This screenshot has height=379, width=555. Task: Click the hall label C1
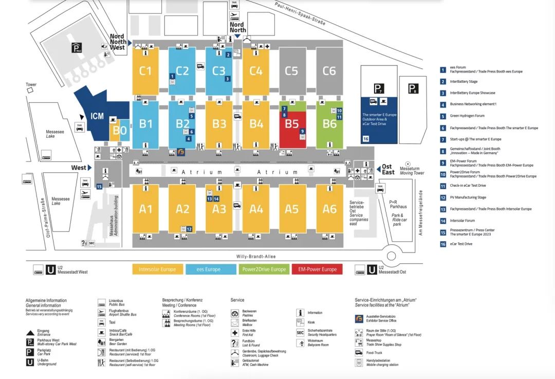pos(145,70)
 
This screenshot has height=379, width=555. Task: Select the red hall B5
pos(292,124)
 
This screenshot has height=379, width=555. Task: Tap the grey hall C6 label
pos(329,70)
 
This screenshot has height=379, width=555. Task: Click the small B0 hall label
pos(120,130)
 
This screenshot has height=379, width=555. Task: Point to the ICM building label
pos(97,116)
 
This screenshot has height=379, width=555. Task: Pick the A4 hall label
pos(256,209)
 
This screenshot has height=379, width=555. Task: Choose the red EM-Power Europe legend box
pos(318,269)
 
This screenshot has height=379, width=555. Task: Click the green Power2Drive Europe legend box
pos(264,269)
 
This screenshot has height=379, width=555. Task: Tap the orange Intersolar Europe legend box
pos(157,269)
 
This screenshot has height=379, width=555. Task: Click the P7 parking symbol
pos(379,89)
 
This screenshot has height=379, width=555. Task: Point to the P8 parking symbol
pos(413,88)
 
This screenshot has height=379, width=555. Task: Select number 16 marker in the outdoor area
pos(366,139)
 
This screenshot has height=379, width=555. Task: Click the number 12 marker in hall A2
pos(190,229)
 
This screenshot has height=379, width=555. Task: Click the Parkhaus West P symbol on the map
pos(77,49)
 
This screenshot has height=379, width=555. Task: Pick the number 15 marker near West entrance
pos(99,186)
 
